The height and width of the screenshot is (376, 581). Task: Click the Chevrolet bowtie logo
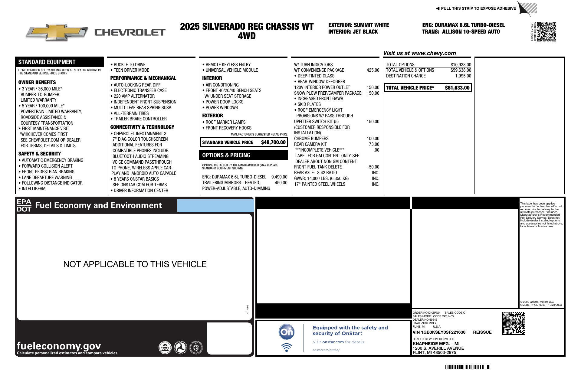click(57, 32)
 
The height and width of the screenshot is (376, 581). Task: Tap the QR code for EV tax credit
click(547, 32)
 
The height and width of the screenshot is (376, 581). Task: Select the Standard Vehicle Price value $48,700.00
click(273, 142)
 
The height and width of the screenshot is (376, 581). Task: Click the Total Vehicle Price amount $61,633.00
click(457, 88)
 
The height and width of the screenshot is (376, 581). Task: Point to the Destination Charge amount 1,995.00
click(463, 76)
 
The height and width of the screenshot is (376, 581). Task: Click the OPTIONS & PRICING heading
click(226, 155)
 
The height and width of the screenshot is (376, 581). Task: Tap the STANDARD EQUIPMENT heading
click(47, 62)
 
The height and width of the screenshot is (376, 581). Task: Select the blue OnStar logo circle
click(286, 332)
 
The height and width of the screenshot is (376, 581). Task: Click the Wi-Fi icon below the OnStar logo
click(286, 348)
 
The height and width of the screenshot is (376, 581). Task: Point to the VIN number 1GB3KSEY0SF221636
click(439, 332)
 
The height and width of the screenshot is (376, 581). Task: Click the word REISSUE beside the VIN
click(482, 332)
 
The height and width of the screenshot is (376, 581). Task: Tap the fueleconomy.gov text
click(59, 345)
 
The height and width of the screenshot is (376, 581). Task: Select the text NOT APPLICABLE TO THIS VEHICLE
click(135, 264)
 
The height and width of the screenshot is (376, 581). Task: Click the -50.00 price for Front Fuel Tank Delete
click(373, 167)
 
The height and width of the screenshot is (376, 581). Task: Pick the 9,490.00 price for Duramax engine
click(279, 177)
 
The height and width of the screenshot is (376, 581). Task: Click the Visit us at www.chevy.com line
click(419, 53)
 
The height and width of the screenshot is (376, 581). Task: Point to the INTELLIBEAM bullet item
click(33, 189)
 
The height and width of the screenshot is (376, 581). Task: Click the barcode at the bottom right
click(468, 367)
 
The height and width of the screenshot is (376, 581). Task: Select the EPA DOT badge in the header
click(24, 205)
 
